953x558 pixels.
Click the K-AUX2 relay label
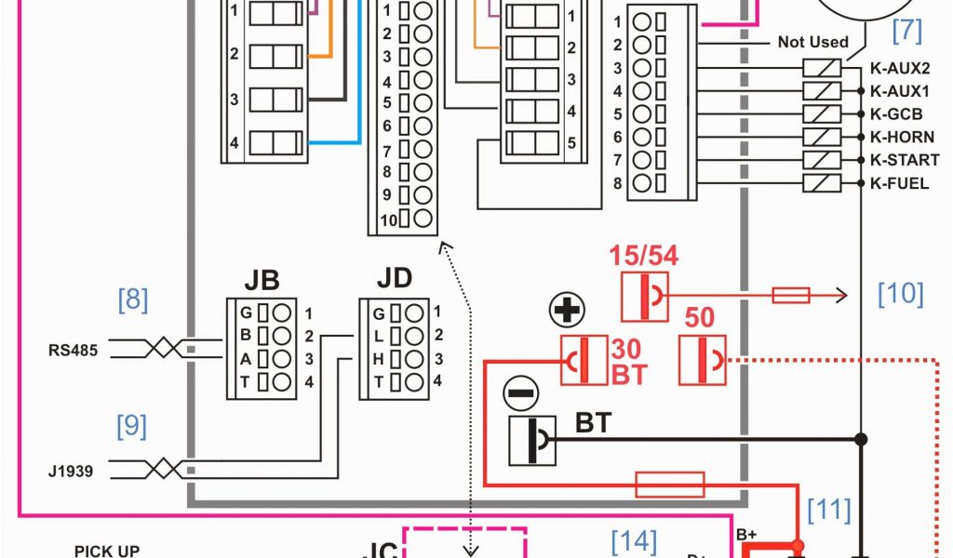899,68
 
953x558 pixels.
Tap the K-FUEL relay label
899,183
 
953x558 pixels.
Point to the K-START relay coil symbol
821,160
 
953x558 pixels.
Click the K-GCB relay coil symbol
821,113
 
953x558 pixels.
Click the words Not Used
813,42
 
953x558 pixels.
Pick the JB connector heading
262,281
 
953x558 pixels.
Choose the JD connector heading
395,278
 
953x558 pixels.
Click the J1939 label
71,471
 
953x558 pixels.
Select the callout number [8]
132,299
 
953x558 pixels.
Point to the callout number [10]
901,294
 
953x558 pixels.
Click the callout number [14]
634,540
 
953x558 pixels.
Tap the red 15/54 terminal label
644,256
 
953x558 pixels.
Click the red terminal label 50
700,318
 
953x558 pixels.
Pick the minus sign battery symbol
520,393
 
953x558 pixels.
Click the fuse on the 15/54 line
791,295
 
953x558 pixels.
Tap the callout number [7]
906,31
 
